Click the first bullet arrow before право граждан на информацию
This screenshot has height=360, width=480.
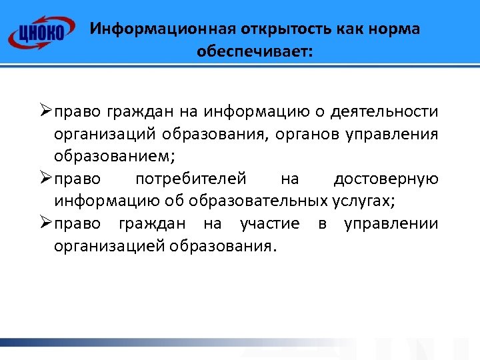pos(45,111)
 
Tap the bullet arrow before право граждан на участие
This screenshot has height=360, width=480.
pos(45,223)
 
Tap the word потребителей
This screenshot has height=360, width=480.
pos(191,179)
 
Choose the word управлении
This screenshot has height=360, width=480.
pos(391,223)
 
